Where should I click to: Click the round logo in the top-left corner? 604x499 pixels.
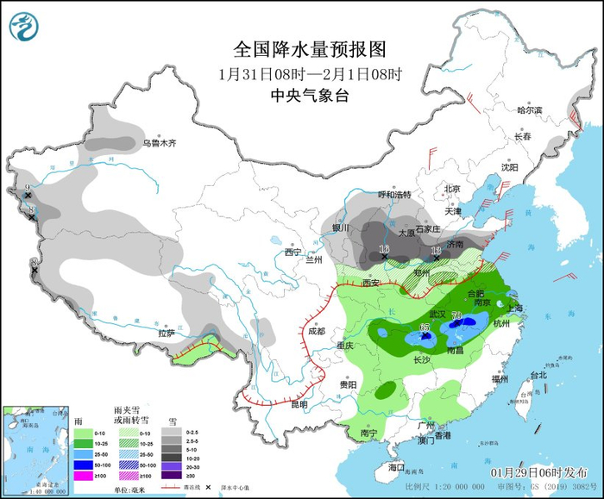tap(24, 26)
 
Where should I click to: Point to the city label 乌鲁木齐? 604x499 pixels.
tap(160, 142)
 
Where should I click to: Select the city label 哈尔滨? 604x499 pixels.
tap(529, 110)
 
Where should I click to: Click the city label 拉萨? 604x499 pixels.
tap(167, 333)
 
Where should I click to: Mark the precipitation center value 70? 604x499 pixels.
tap(456, 316)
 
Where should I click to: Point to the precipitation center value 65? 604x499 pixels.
tap(425, 327)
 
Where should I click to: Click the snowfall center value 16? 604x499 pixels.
tap(384, 249)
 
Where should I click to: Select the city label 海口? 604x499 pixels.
tap(396, 466)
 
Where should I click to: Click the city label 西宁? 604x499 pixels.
tap(293, 253)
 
